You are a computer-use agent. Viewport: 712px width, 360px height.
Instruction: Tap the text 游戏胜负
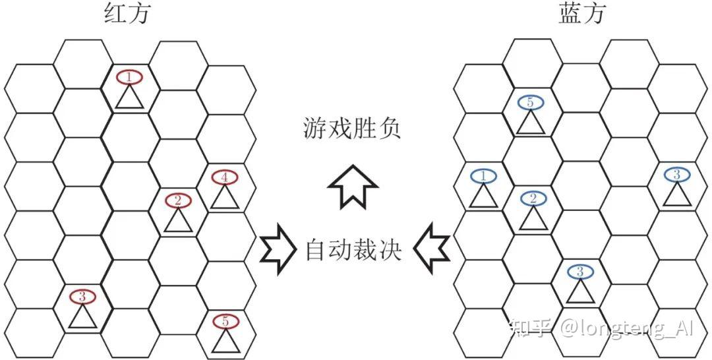(x=352, y=128)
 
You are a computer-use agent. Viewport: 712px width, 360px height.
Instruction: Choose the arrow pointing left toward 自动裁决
(x=431, y=250)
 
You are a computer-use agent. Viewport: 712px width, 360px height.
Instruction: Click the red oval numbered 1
(x=129, y=78)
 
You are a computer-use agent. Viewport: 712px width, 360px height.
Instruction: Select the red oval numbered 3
(x=82, y=297)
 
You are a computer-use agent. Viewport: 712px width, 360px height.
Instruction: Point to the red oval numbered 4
(x=225, y=177)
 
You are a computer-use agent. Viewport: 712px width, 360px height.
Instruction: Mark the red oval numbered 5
(x=225, y=322)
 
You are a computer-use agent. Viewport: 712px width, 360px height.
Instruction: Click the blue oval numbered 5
(x=530, y=102)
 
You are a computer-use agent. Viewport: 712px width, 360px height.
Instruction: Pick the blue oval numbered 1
(x=483, y=176)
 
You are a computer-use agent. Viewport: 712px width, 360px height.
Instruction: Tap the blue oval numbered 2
(x=533, y=198)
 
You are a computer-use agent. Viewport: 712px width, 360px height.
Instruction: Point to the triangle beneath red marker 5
(x=225, y=341)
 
